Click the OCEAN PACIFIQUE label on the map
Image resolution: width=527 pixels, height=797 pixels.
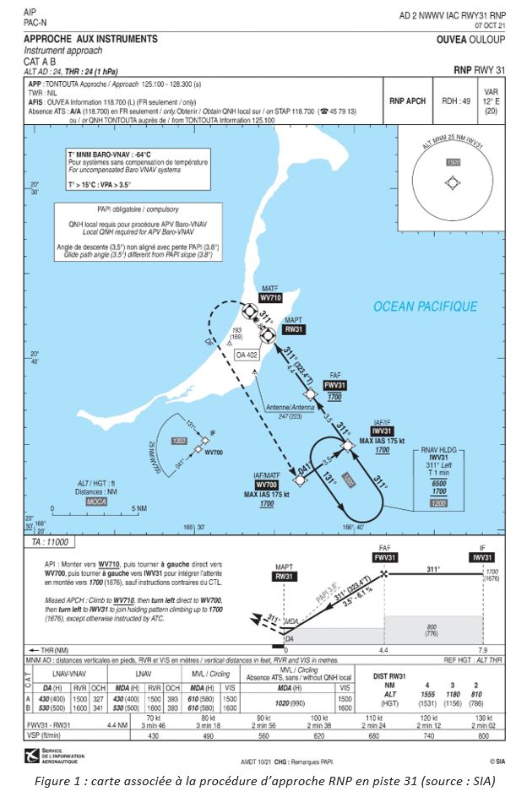(x=425, y=306)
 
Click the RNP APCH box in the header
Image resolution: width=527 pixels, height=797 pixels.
(x=407, y=100)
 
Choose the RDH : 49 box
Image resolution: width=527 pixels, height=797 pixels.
(x=456, y=100)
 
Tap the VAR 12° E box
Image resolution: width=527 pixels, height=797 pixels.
(x=491, y=100)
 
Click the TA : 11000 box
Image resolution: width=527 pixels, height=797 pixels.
(x=51, y=541)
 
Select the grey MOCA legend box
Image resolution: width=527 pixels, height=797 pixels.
(x=95, y=501)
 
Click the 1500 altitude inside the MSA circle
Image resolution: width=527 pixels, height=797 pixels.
(x=452, y=161)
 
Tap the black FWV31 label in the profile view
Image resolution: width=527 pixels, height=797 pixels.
(x=385, y=557)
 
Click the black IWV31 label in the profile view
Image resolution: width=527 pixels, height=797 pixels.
(x=482, y=557)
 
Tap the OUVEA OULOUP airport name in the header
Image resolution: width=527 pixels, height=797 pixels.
(x=470, y=40)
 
